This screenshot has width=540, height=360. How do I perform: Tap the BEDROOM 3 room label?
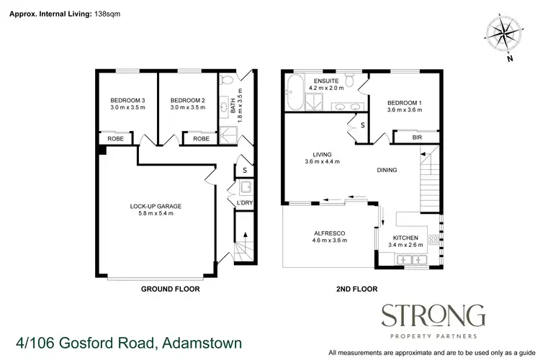click(x=127, y=100)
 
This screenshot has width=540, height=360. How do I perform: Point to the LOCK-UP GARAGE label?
click(x=156, y=206)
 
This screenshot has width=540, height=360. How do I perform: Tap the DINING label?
click(x=387, y=170)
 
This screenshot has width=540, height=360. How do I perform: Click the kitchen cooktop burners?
click(x=434, y=240)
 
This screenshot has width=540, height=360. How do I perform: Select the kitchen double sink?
click(x=414, y=259)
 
